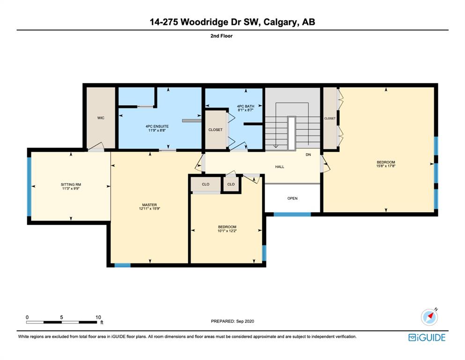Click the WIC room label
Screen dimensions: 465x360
coord(101,118)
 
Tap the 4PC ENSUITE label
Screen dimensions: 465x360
coord(157,127)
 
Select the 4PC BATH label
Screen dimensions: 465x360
coord(245,106)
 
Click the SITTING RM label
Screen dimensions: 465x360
coord(71,185)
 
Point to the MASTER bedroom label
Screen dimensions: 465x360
coord(149,205)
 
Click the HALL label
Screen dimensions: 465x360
coord(280,167)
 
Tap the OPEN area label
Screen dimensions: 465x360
coord(292,198)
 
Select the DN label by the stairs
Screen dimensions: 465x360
coord(309,155)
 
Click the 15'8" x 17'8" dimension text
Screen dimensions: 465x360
coord(386,166)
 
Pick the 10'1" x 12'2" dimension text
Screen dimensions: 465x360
coord(227,231)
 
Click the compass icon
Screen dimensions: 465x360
coord(429,317)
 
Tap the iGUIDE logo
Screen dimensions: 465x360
coord(427,337)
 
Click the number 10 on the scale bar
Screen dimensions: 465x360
coord(98,317)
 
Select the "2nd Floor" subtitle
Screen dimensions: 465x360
coord(221,36)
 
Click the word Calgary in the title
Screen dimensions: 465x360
coord(280,22)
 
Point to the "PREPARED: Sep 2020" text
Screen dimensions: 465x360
coord(232,321)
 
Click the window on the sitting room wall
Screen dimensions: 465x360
coord(29,187)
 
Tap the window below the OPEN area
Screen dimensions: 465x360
coord(292,214)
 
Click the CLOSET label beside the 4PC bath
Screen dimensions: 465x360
coord(215,130)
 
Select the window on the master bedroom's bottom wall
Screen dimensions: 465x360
coord(123,265)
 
